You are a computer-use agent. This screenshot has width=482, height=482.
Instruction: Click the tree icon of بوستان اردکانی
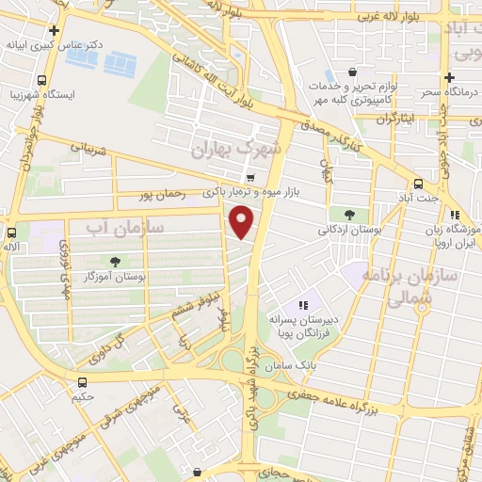tap(350, 214)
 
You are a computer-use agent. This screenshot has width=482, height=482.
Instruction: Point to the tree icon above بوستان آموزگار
tap(115, 262)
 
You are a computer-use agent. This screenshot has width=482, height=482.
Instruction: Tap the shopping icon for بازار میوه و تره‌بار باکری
tap(249, 177)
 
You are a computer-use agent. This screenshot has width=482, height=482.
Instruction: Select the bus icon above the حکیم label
tap(84, 382)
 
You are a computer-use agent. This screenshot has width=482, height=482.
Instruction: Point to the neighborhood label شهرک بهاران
tap(236, 149)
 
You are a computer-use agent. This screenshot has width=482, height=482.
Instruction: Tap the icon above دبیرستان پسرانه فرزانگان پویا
tap(303, 305)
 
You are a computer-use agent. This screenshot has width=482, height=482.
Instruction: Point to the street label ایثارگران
tap(395, 119)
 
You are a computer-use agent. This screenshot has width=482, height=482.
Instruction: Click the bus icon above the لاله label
tap(12, 232)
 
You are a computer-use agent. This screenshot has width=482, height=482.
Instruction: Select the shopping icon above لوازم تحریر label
tap(352, 72)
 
